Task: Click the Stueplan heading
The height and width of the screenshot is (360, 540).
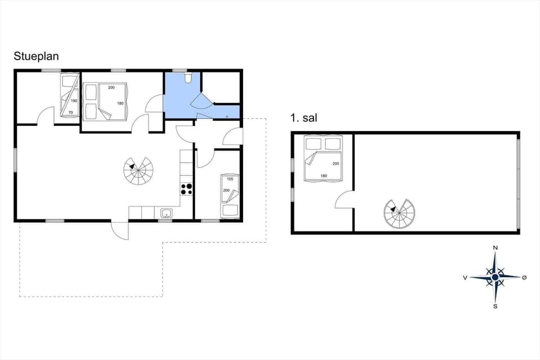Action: click(x=37, y=56)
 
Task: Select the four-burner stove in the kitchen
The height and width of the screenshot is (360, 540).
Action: click(x=186, y=189)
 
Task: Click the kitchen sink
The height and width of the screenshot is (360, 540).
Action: click(x=166, y=213)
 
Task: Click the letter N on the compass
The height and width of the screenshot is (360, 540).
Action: click(x=495, y=247)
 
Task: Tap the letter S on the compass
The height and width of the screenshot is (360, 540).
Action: click(x=495, y=307)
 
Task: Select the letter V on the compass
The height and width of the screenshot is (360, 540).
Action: click(x=465, y=277)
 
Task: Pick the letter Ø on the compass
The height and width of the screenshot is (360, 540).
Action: click(x=525, y=277)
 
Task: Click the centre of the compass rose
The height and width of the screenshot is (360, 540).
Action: click(x=495, y=277)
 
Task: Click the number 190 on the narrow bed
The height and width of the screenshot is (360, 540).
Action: click(x=73, y=101)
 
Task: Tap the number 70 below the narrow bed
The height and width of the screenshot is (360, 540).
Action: click(x=71, y=112)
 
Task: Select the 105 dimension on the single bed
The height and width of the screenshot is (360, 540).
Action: click(x=229, y=179)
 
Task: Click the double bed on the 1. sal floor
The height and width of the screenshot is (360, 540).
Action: click(x=323, y=158)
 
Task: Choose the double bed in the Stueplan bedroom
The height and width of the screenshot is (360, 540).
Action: click(x=106, y=102)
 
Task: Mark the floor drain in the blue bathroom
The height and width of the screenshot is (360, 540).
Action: click(x=227, y=116)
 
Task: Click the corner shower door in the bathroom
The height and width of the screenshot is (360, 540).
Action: click(x=201, y=101)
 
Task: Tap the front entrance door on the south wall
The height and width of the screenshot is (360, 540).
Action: click(x=120, y=229)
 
